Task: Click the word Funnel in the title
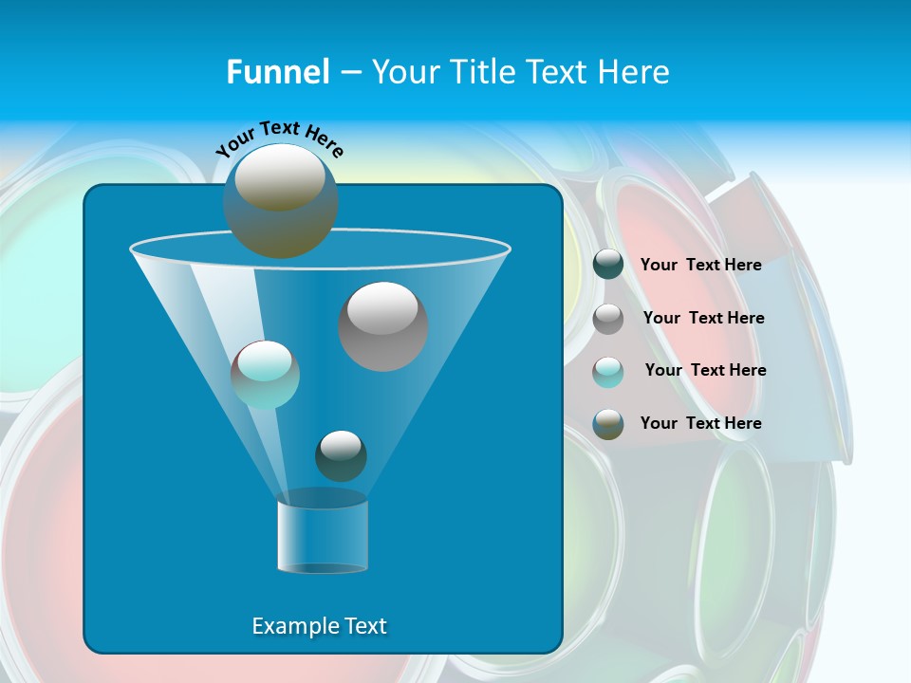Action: click(x=278, y=71)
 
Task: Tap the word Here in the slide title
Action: click(x=636, y=71)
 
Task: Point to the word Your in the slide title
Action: click(x=403, y=71)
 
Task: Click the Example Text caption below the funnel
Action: click(x=319, y=626)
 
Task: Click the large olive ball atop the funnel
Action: click(x=280, y=200)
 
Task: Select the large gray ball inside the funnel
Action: click(x=383, y=326)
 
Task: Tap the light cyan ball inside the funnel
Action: click(x=265, y=375)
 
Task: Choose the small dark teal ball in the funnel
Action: click(x=341, y=455)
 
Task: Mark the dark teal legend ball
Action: click(x=608, y=265)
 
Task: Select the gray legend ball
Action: click(x=608, y=319)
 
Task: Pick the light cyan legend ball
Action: click(x=608, y=371)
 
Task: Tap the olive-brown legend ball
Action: click(x=608, y=424)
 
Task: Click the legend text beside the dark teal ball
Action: click(x=700, y=265)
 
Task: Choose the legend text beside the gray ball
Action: click(x=703, y=318)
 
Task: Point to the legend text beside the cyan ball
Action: click(x=705, y=370)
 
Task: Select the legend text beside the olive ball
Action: click(x=700, y=423)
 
